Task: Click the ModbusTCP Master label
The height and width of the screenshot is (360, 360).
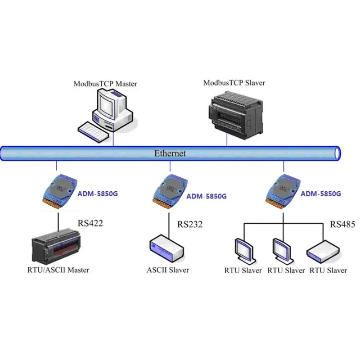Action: [105, 84]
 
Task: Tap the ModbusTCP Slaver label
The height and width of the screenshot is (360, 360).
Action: [234, 83]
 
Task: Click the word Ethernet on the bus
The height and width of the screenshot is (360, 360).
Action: [170, 153]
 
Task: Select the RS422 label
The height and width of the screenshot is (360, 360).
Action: [90, 223]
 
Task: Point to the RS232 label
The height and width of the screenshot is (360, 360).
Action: [190, 224]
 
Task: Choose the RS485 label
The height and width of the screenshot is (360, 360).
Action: [342, 224]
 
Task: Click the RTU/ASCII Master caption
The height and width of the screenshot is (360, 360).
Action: [58, 270]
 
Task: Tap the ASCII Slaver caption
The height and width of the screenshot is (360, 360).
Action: [168, 270]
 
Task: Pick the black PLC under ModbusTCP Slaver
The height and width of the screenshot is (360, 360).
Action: [236, 115]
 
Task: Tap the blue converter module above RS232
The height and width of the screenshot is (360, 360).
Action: [170, 192]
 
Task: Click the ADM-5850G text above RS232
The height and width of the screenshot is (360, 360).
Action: [207, 196]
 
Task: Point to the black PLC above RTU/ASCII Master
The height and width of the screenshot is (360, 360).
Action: [56, 246]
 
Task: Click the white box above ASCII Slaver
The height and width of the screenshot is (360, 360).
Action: [167, 248]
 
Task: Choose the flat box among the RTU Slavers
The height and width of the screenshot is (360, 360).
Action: [323, 252]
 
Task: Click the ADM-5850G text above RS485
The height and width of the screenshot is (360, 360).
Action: [321, 194]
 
